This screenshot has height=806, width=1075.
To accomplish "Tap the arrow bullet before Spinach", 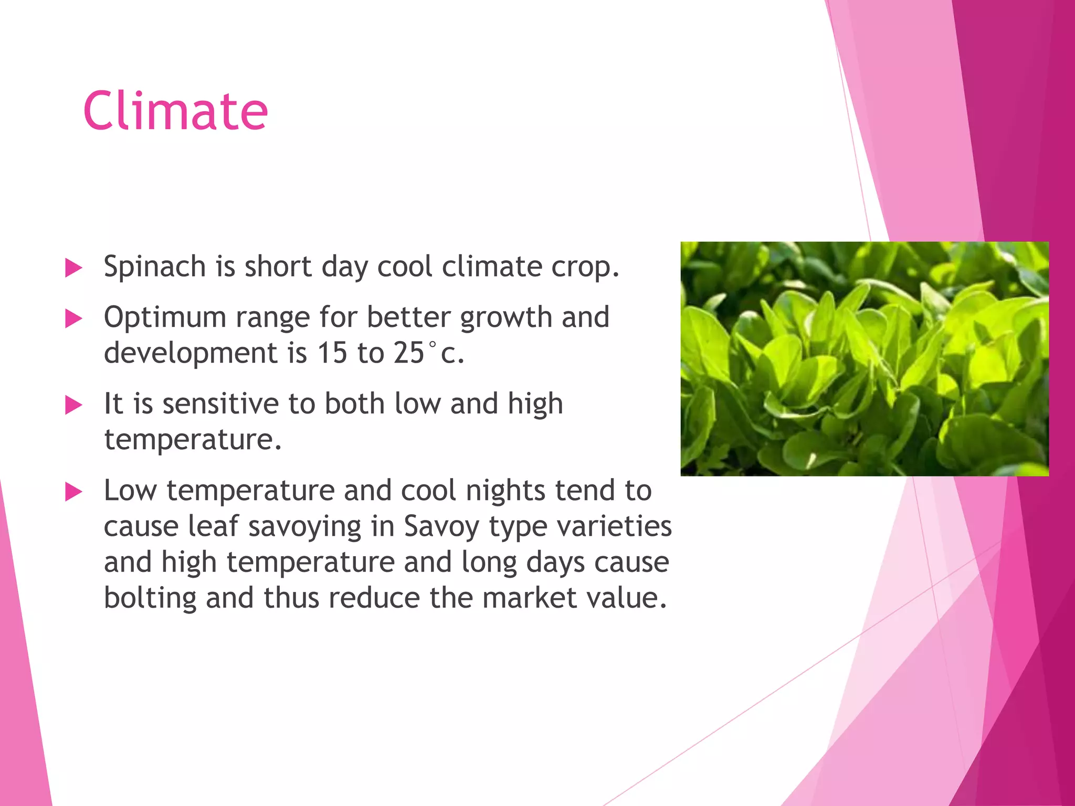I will point(73,268).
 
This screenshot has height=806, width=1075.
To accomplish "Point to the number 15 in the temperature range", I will point(332,353).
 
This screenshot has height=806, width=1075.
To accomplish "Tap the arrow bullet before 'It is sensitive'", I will point(73,405).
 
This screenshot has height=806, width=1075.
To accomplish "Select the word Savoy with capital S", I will point(441,526).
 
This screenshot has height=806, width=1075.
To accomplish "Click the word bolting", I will point(150,598).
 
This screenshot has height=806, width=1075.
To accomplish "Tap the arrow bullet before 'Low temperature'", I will point(73,492).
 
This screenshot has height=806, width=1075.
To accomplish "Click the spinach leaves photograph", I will point(864,359).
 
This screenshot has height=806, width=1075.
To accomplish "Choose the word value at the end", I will point(630,598).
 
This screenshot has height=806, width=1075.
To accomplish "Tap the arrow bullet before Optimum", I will point(73,319).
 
